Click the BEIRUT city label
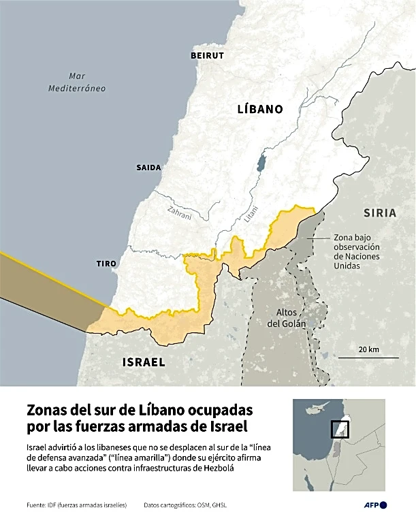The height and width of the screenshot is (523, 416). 207,55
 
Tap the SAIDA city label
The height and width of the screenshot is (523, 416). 148,167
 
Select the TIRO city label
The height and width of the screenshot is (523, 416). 106,264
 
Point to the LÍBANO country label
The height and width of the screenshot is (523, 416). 259,108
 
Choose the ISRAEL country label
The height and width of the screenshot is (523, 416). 143,362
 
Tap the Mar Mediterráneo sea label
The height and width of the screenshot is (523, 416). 77,82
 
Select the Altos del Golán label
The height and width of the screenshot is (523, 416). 287,318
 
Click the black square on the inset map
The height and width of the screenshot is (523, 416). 339,430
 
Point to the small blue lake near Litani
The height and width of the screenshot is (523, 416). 261,163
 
